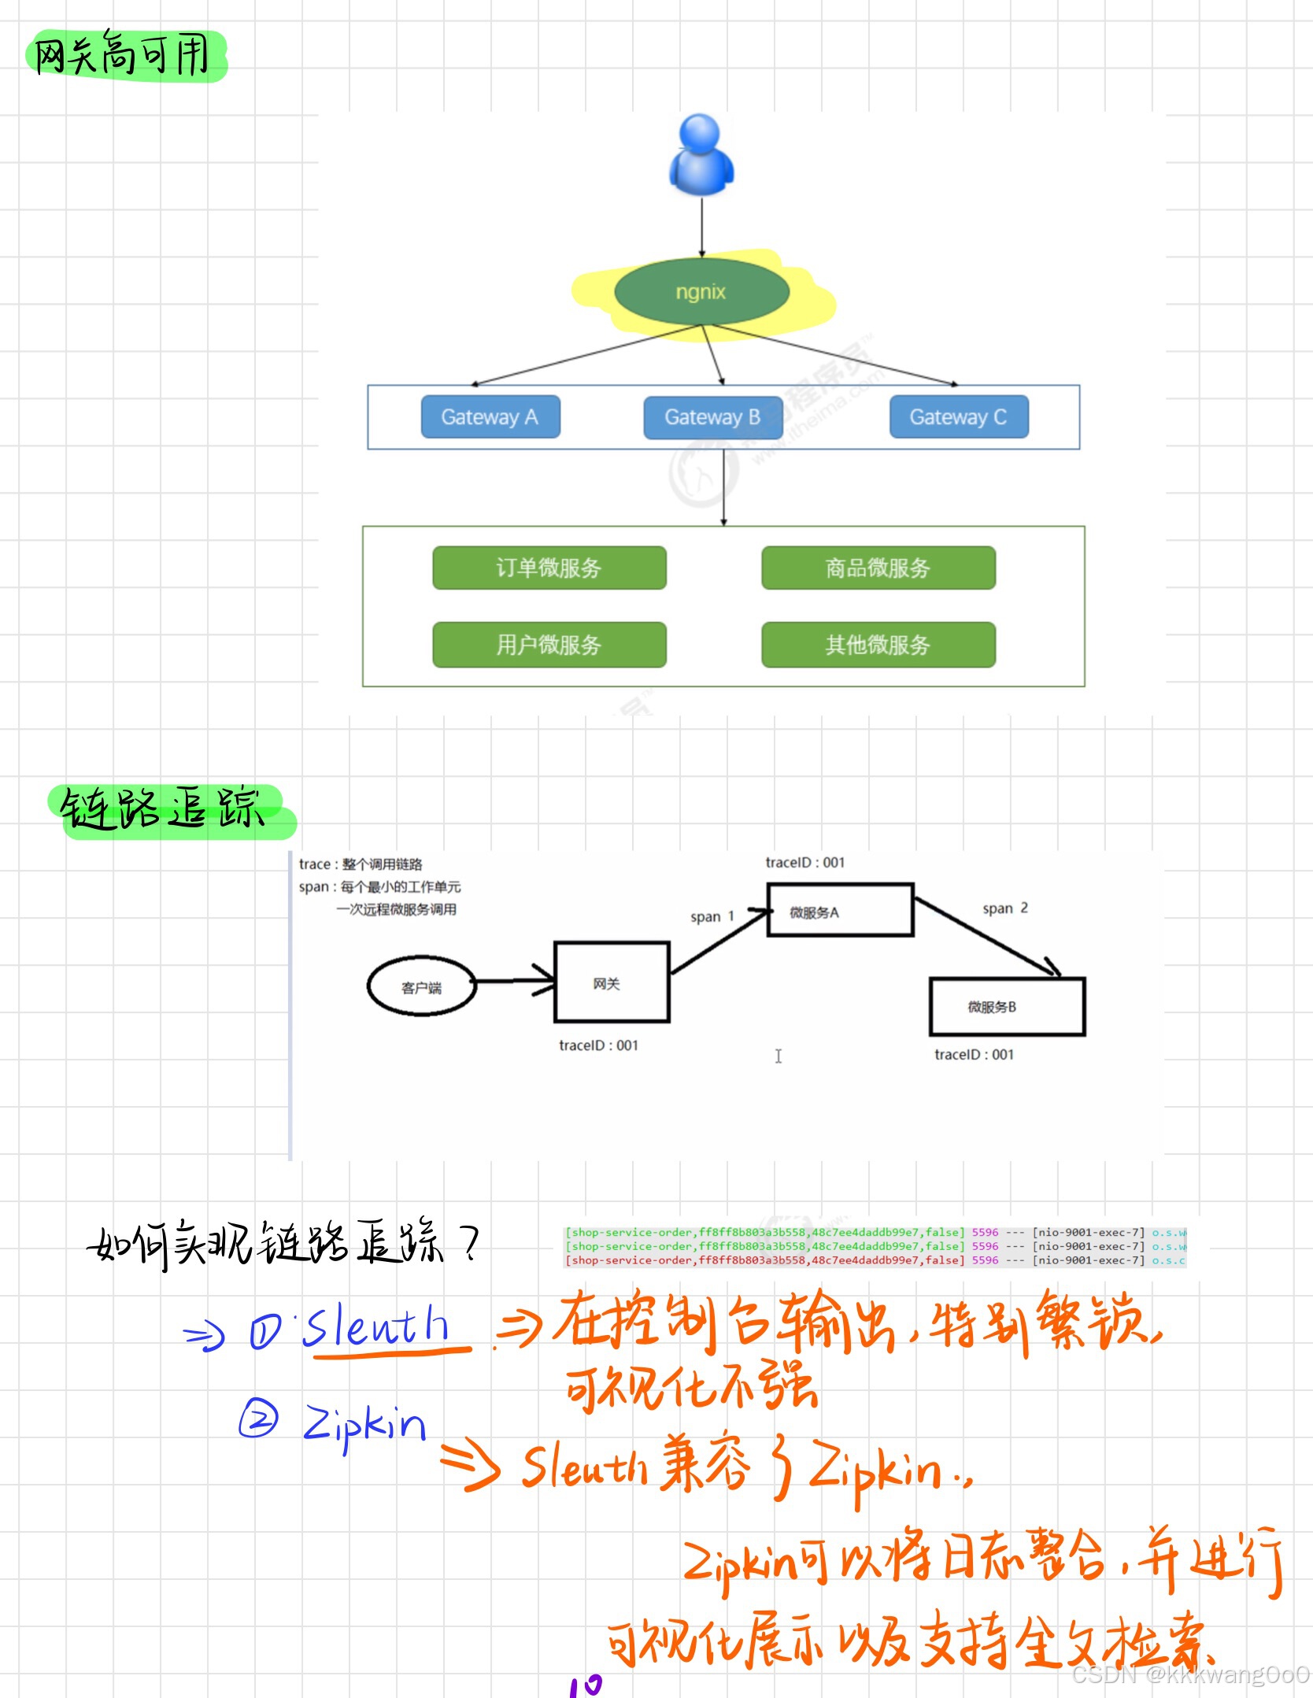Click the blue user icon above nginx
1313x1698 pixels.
pos(701,155)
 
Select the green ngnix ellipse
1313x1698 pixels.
pos(701,292)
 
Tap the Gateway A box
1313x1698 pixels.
pos(490,416)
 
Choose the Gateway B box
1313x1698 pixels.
pos(712,416)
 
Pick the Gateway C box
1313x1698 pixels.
pos(958,416)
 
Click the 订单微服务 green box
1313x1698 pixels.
pos(549,568)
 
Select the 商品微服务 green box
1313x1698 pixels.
pos(878,568)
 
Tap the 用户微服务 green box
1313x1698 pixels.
pos(549,645)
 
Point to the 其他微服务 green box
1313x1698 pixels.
pos(878,645)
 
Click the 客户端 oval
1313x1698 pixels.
pos(422,987)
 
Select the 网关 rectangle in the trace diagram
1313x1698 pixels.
pos(612,982)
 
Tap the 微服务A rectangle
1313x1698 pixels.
pos(840,911)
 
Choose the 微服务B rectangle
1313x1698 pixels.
pos(1007,1007)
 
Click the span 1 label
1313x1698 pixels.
pos(712,916)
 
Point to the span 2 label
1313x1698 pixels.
pos(1005,908)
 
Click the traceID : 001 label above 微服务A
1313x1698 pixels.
pos(804,863)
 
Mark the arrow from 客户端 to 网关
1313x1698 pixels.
pos(515,981)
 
